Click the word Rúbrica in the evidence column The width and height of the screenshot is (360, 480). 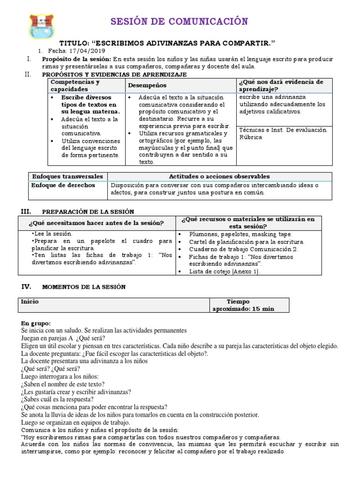[x=251, y=137]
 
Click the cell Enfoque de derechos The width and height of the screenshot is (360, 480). [x=63, y=185]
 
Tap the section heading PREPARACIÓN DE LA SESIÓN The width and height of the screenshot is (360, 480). [x=88, y=211]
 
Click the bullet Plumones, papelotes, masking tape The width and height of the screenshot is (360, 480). [x=240, y=234]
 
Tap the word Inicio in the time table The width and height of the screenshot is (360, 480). [x=30, y=302]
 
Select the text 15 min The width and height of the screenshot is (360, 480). [x=264, y=309]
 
